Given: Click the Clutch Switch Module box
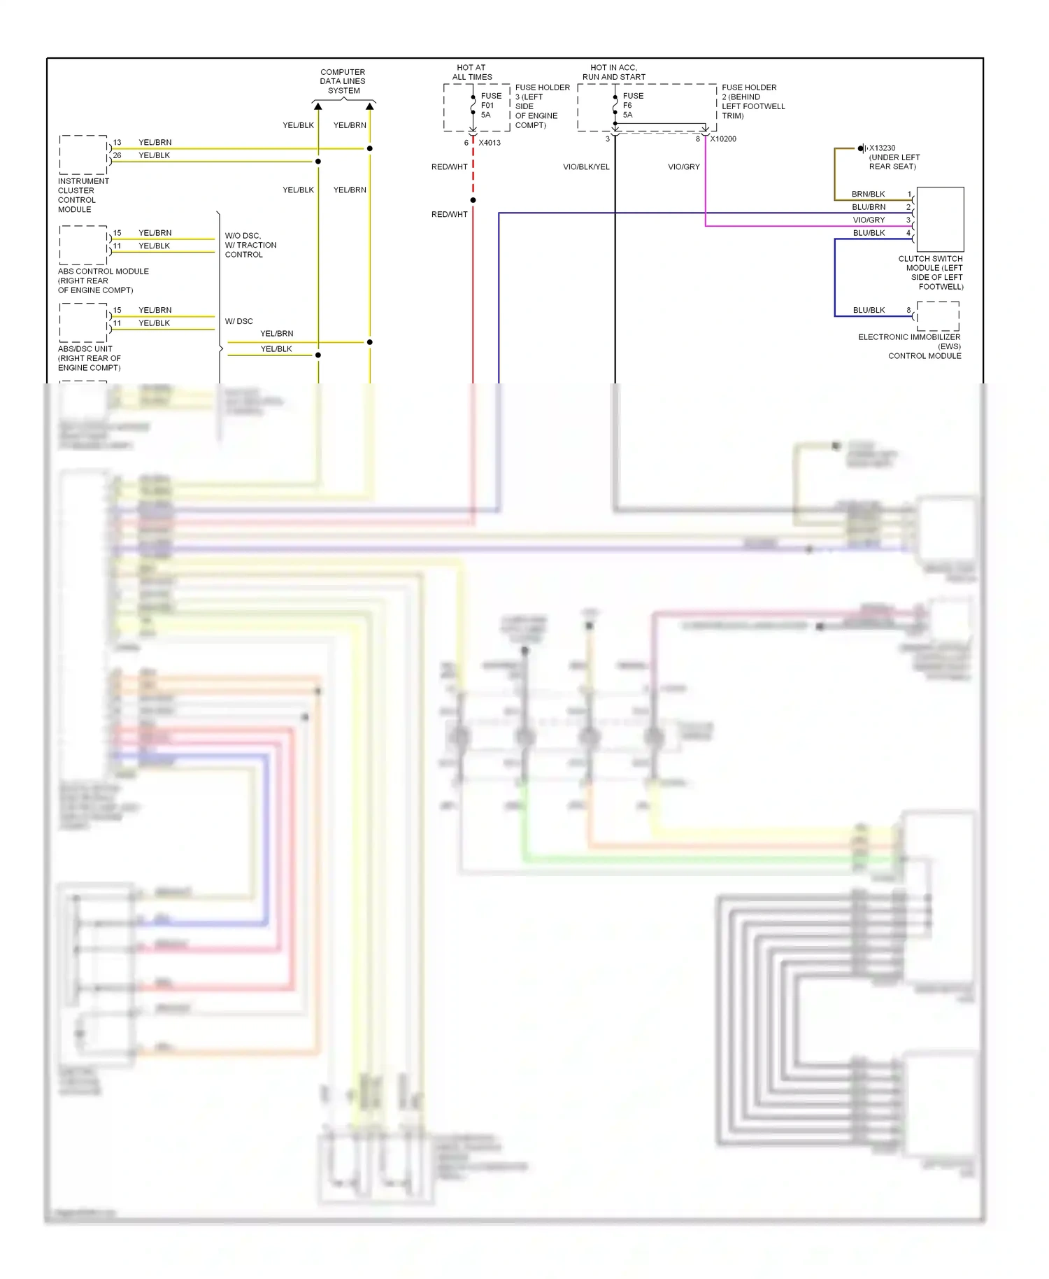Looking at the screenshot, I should pos(940,219).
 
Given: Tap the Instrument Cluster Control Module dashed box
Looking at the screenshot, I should pos(83,155).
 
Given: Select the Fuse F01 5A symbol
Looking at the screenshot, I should pos(473,105).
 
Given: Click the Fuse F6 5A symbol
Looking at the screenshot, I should pos(615,105).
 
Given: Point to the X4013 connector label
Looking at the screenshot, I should pos(490,143).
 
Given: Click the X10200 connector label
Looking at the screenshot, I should pos(723,139).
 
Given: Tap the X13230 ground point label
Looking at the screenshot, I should pos(882,148).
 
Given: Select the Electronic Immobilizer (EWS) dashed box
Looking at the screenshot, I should pos(938,316).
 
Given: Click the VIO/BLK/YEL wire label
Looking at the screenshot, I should pos(586,167).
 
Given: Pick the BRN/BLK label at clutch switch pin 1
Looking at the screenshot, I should pos(868,195).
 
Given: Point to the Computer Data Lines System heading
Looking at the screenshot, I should pos(343,81).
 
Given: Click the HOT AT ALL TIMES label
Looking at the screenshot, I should pos(471,73).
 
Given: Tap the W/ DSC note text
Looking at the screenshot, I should pos(239,322).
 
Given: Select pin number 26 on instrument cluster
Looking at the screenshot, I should pos(117,155).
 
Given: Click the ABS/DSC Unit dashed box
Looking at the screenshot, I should pos(83,323).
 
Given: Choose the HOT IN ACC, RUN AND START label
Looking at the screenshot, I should pos(613,73).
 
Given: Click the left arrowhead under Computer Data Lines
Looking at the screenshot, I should pos(318,106).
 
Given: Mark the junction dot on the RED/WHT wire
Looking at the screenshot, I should pos(473,200).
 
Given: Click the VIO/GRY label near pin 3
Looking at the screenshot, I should pos(869,220).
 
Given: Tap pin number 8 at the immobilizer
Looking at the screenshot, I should pos(908,310).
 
